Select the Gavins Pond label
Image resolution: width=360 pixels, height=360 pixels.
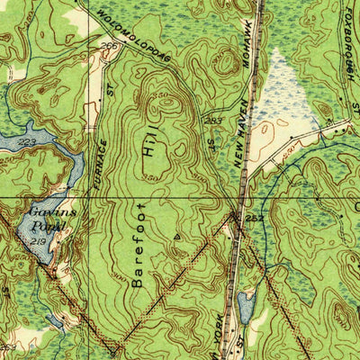[x=43, y=217]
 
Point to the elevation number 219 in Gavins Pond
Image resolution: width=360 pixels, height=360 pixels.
[x=36, y=242]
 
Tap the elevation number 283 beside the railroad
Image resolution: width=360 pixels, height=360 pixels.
[x=214, y=121]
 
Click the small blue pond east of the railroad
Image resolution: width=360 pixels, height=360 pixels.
[x=246, y=307]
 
